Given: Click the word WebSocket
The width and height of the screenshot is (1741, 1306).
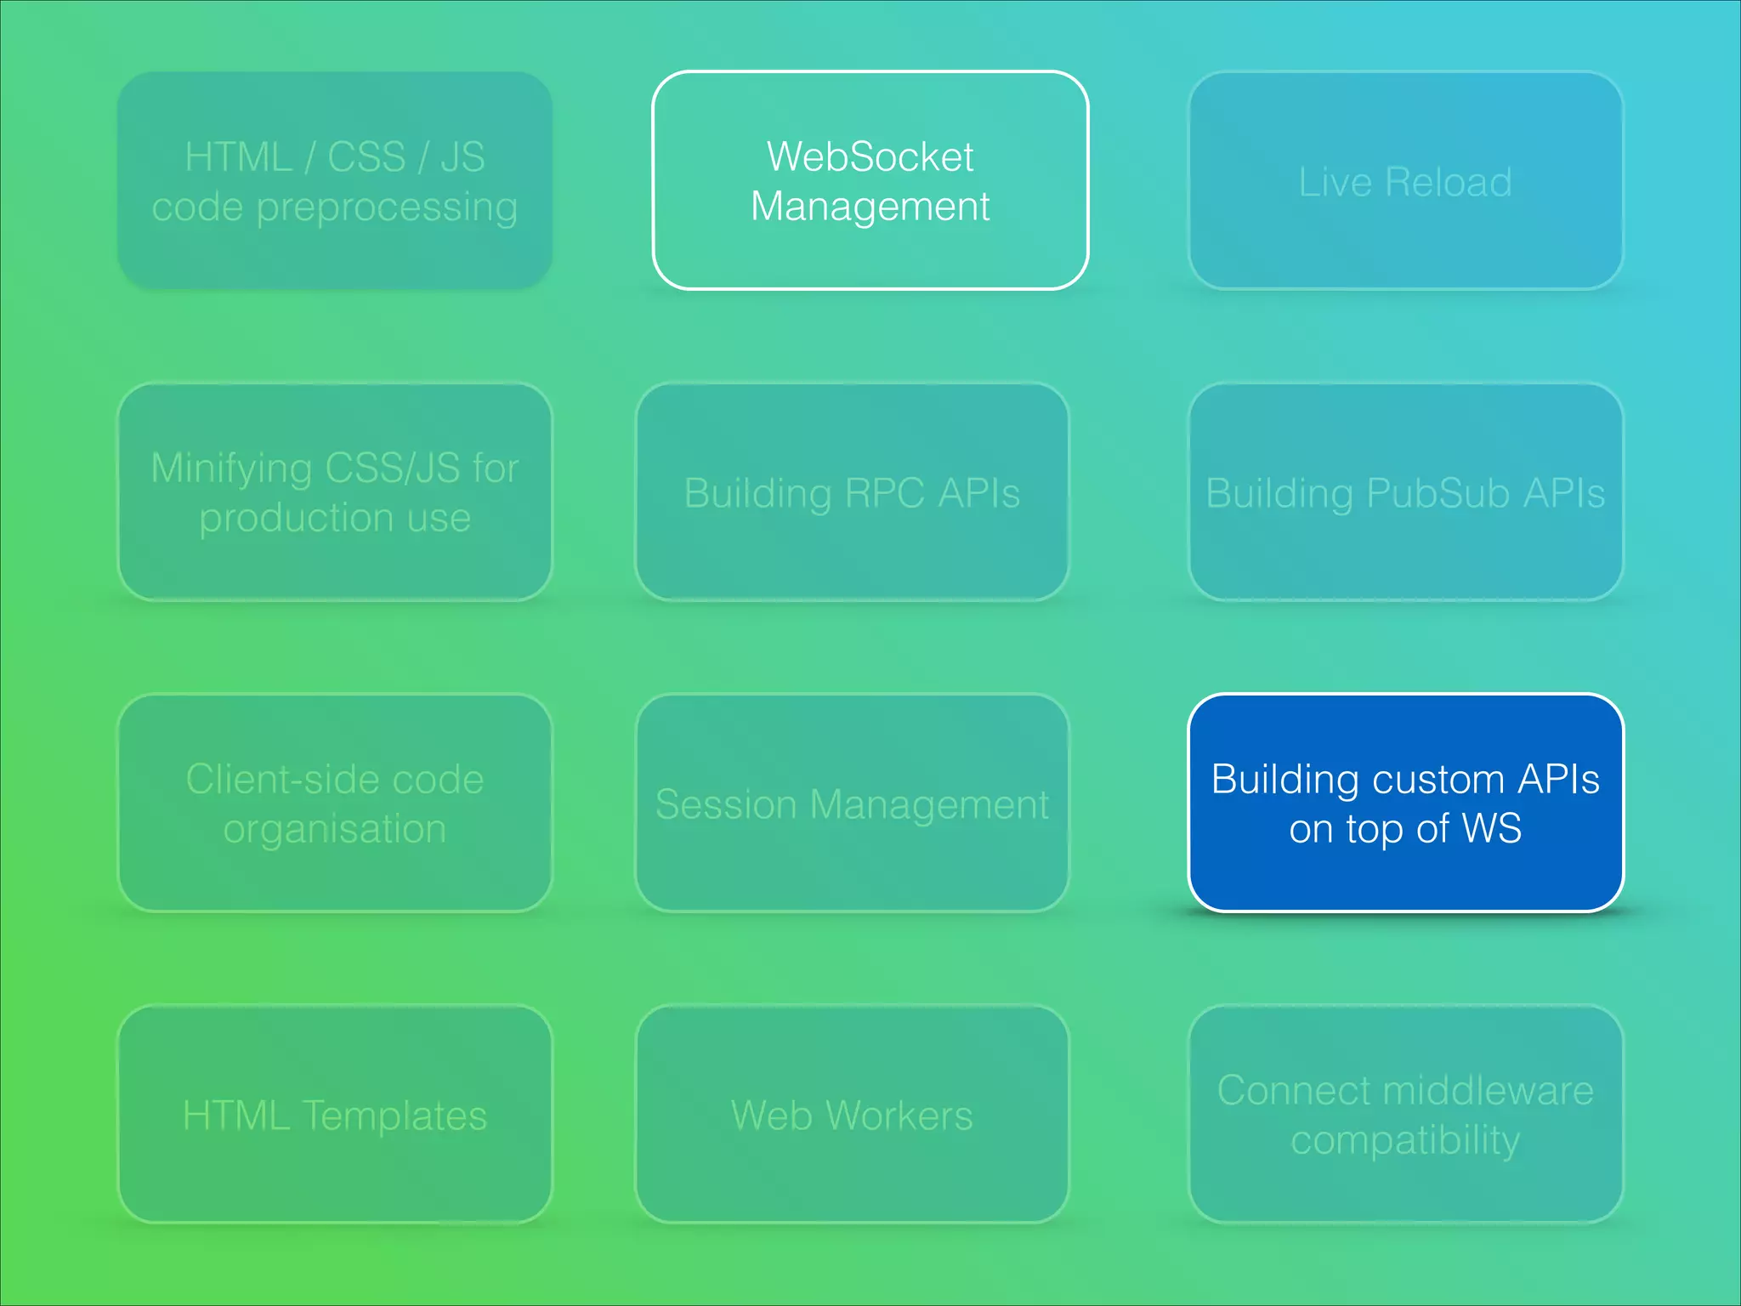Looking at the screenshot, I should [x=870, y=157].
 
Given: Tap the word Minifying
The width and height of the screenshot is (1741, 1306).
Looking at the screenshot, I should [x=231, y=469].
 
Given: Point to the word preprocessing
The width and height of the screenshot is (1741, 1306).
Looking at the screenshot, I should [x=387, y=207].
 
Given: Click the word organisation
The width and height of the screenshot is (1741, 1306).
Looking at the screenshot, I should [x=335, y=829].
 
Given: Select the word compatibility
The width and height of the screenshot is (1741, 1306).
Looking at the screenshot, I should [x=1405, y=1140].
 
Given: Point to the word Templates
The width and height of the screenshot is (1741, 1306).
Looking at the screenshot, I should [x=394, y=1116].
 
